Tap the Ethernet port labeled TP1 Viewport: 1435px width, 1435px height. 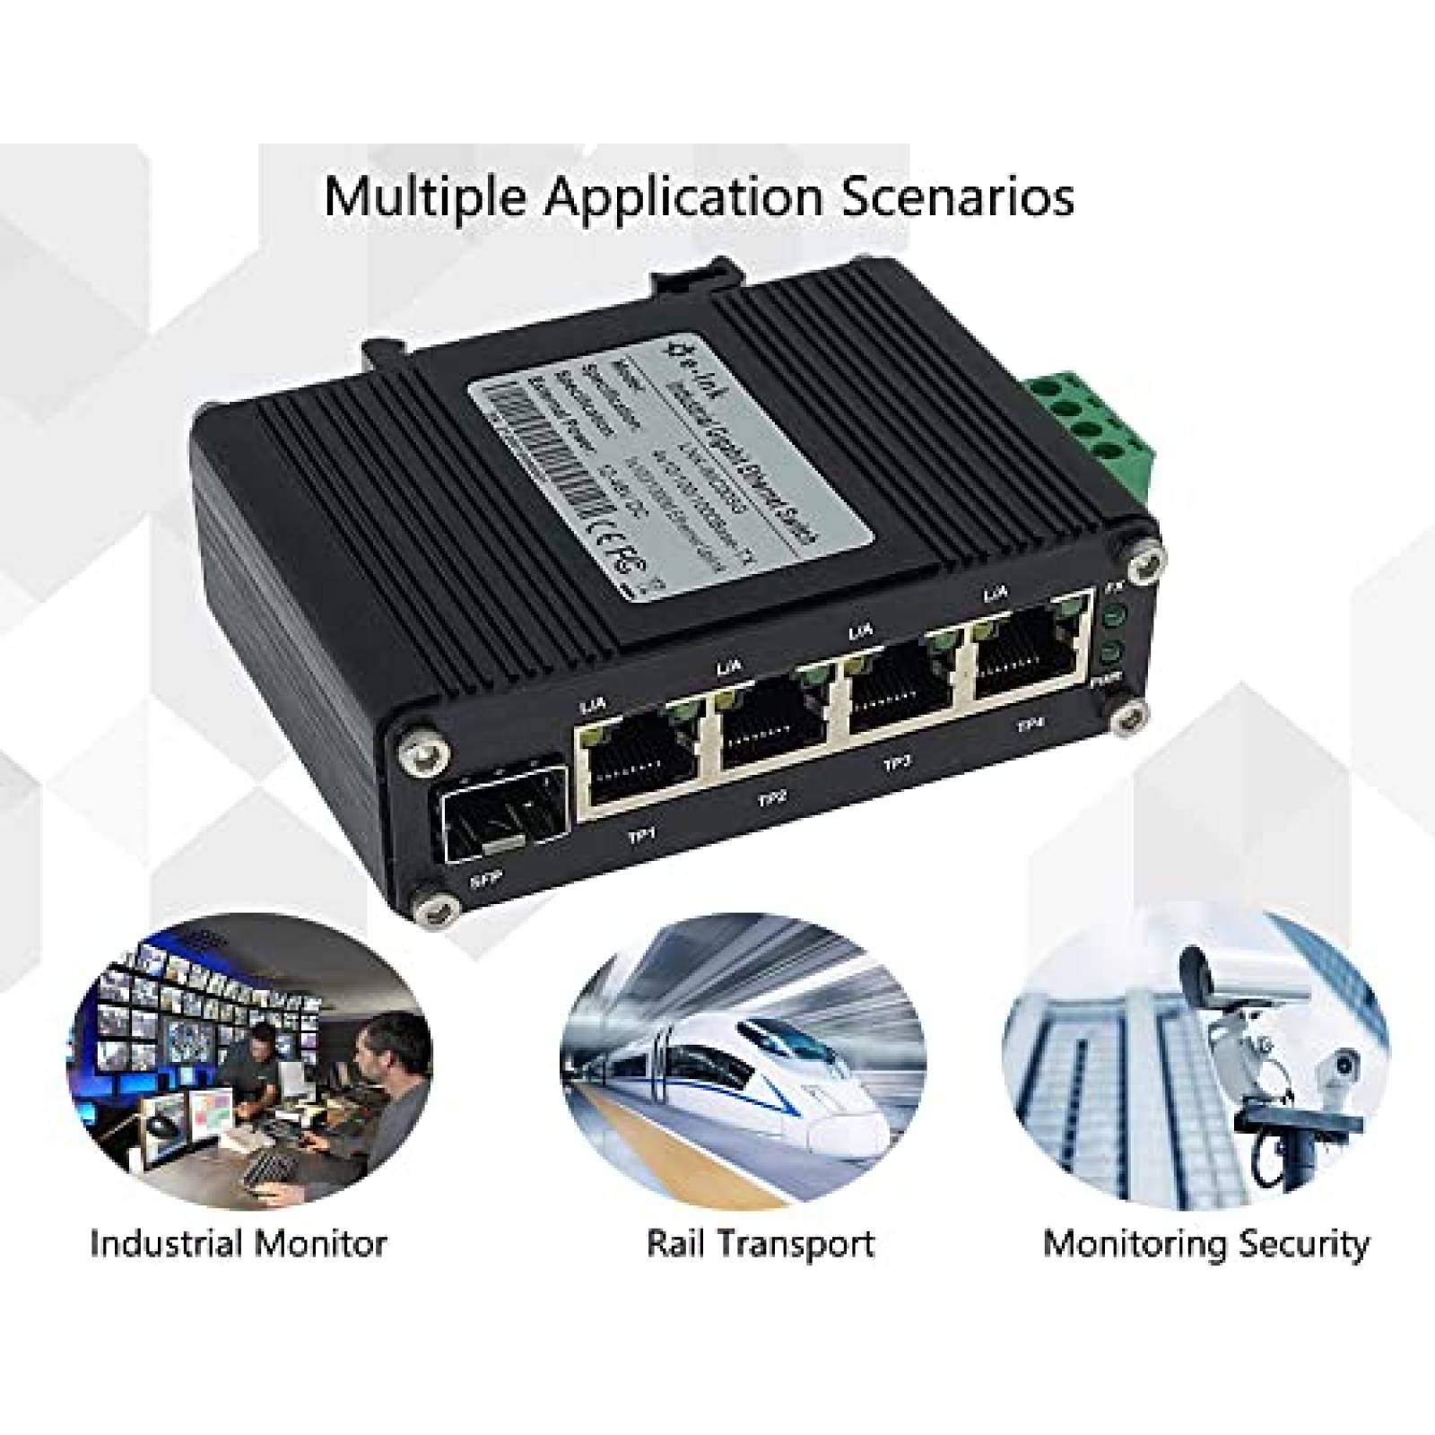pos(639,765)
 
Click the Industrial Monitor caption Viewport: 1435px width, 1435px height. pos(238,1244)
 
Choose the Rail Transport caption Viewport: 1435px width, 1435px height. pos(761,1244)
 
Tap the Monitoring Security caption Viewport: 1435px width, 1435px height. pos(1206,1244)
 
